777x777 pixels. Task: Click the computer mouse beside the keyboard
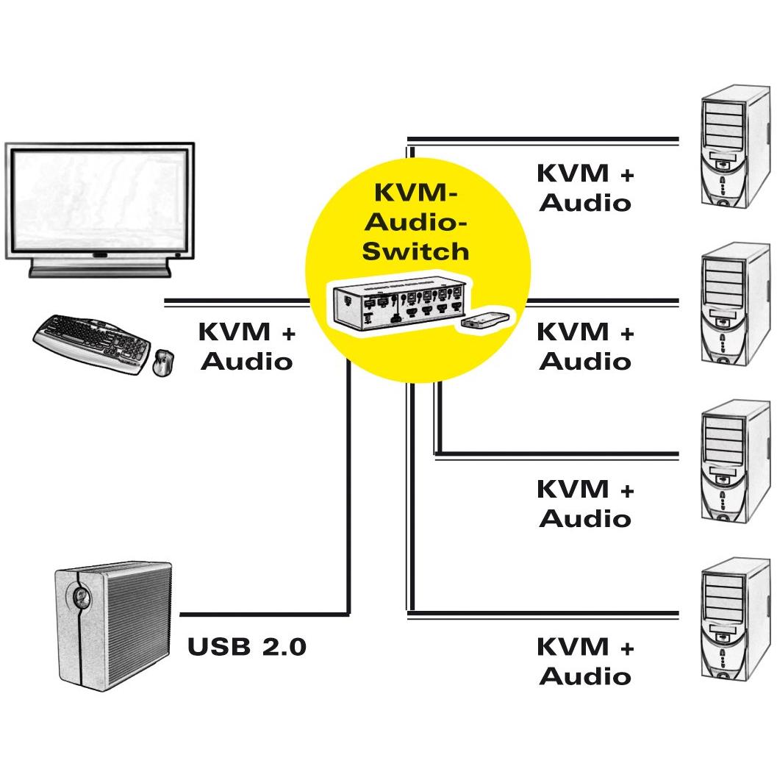(163, 363)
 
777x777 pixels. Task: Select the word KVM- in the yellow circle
(418, 193)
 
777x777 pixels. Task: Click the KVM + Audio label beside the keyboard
(246, 346)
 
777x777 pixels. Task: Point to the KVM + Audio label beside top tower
(586, 187)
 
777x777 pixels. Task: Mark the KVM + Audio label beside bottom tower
(586, 661)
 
